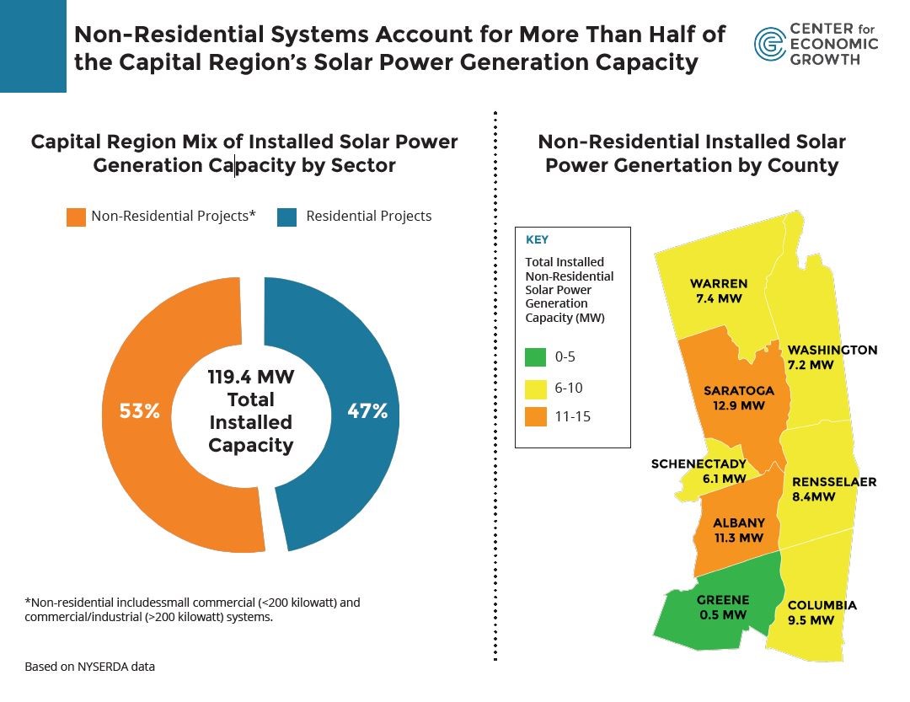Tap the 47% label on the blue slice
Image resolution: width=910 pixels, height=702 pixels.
point(367,412)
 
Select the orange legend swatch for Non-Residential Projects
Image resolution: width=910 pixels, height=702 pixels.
point(76,217)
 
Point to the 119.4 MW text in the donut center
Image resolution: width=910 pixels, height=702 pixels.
point(250,377)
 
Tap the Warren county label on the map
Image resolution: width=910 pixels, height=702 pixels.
point(718,291)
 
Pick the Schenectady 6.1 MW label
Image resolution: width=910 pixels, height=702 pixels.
point(699,471)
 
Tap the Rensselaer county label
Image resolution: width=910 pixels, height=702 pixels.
point(832,490)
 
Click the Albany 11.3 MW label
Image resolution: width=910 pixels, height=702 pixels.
point(738,530)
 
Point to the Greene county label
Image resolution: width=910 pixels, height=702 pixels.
point(722,608)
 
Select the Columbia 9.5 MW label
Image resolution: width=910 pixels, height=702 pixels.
point(822,613)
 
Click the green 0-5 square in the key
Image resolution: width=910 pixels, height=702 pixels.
point(535,357)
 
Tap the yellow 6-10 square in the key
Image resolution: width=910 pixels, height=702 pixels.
point(535,388)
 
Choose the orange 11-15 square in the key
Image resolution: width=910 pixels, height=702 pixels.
point(535,416)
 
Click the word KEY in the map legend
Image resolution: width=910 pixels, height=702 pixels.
point(537,240)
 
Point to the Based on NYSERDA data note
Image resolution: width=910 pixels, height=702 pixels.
point(89,667)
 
